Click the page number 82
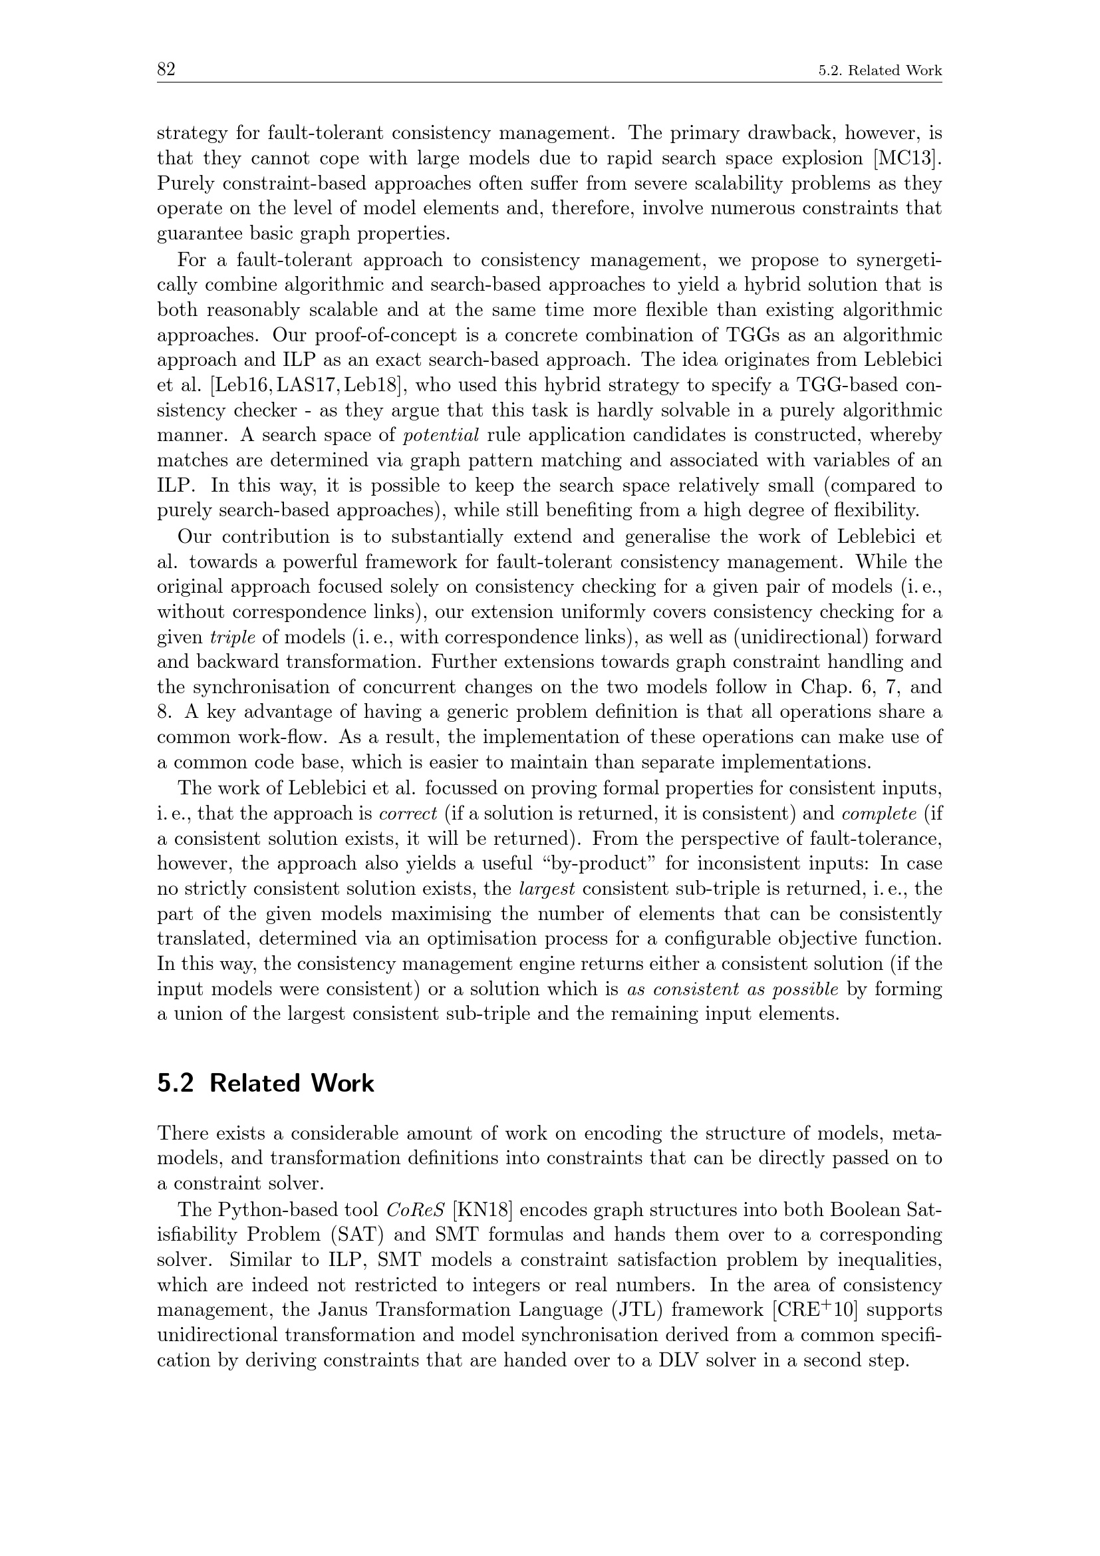166,69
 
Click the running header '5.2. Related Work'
880,71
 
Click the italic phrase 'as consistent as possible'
733,989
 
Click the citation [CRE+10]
815,1309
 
